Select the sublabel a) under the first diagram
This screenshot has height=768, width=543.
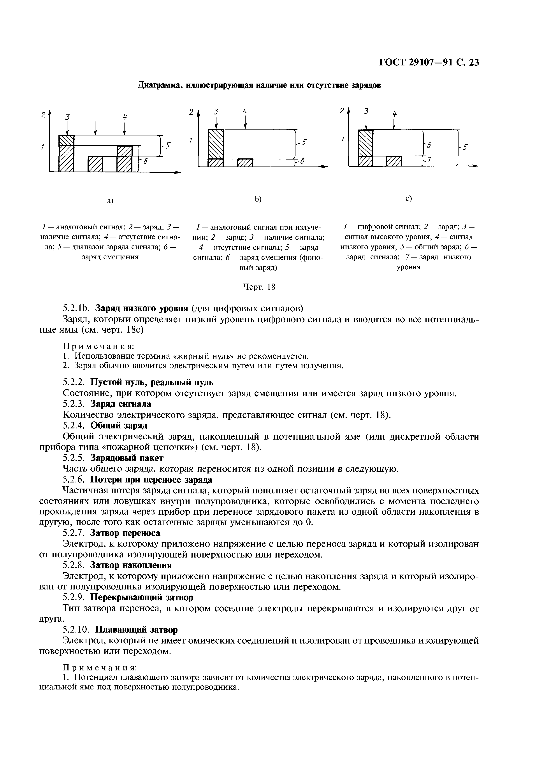110,200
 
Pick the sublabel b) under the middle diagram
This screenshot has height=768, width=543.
258,199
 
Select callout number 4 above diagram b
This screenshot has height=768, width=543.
245,111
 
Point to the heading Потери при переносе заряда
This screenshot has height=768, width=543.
151,479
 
